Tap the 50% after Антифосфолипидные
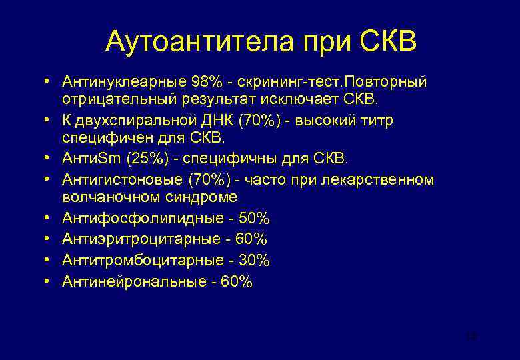(x=253, y=219)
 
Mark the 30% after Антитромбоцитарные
(x=253, y=260)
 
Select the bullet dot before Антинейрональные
(x=49, y=280)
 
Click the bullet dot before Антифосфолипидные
(x=49, y=218)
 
